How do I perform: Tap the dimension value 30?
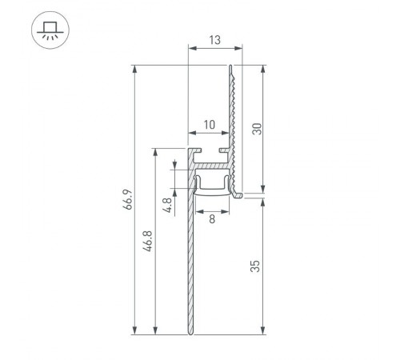257,128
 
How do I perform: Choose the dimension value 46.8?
147,241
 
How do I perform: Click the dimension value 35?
257,264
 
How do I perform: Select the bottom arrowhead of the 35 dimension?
264,330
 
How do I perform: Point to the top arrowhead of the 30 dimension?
264,69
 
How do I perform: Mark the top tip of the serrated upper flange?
231,66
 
